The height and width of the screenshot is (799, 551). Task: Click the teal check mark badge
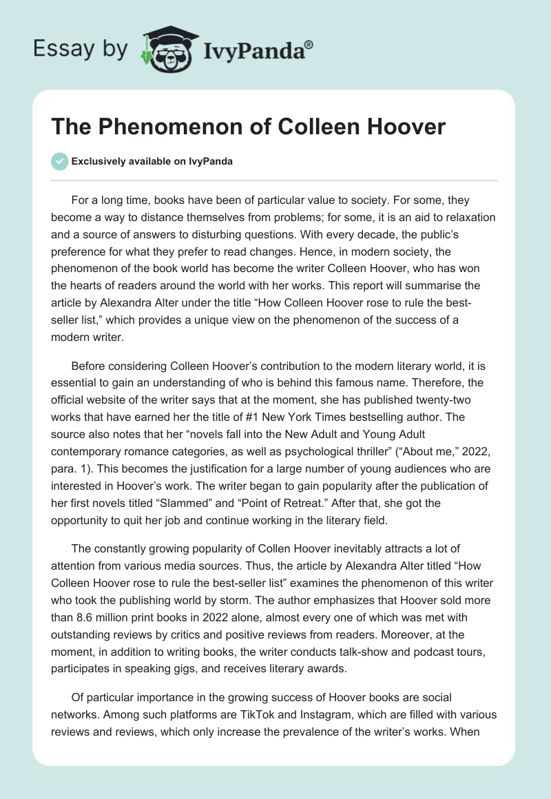tap(60, 161)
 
